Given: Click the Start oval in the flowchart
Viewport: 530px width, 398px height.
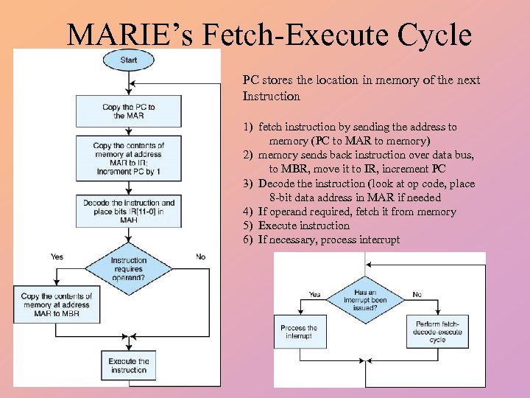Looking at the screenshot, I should [128, 60].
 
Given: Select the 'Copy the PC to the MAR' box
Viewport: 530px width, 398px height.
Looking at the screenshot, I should [129, 111].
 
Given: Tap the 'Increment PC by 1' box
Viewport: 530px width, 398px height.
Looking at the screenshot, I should [129, 158].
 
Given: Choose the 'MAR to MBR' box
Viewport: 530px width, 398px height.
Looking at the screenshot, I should [56, 305].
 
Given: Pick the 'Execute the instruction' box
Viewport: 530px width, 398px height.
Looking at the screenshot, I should [129, 366].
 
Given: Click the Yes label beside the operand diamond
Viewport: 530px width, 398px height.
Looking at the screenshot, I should [57, 256].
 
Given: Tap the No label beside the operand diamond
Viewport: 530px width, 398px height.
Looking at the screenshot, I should [200, 256].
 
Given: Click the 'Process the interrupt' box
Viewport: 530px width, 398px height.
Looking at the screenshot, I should [299, 332].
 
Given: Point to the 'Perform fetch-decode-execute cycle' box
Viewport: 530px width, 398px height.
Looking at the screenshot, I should [437, 332].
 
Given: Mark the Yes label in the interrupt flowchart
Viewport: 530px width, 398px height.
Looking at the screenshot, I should [314, 294].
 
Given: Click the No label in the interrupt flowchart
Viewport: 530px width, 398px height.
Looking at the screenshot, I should [417, 294].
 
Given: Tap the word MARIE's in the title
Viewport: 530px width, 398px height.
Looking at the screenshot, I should [123, 34].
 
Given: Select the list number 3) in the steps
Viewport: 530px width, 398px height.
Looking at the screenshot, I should [247, 184].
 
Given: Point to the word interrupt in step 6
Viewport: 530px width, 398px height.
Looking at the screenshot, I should [380, 240].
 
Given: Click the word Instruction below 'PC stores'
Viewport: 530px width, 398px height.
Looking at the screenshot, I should [271, 97].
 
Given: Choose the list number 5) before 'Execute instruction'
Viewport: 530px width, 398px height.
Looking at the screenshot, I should [247, 226].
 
